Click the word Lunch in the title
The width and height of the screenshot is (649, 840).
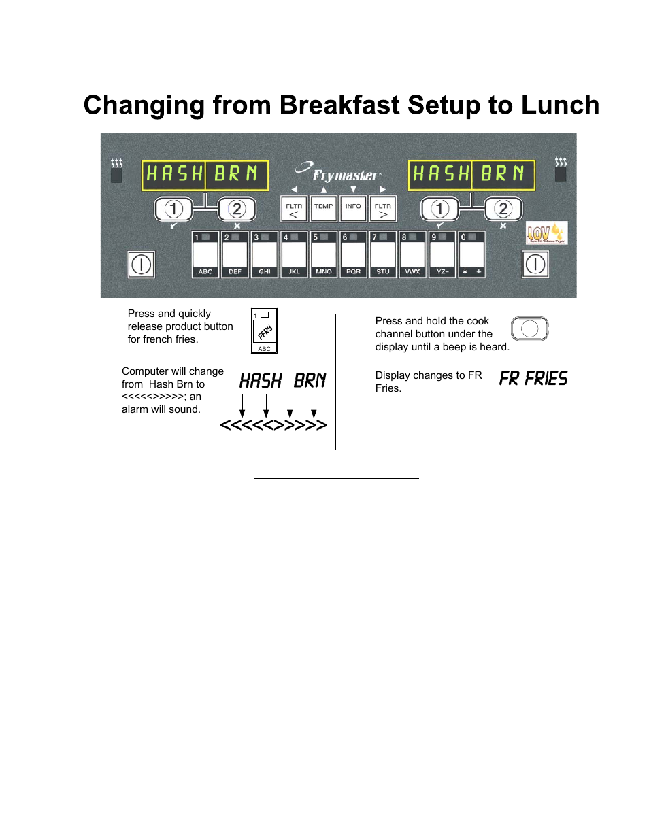click(560, 105)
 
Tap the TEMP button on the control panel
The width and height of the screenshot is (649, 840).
click(323, 209)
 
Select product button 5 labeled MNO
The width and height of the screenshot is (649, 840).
click(323, 254)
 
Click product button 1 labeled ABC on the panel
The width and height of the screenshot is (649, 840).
click(205, 254)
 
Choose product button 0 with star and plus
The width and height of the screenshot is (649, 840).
click(471, 254)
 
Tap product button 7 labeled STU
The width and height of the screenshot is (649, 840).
click(382, 254)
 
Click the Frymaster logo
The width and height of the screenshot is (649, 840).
click(339, 173)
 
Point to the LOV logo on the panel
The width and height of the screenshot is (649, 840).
click(546, 233)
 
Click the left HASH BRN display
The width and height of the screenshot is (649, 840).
click(204, 175)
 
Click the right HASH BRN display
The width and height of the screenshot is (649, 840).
click(471, 175)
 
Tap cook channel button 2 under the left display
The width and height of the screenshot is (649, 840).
click(237, 209)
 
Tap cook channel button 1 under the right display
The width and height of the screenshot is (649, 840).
click(440, 209)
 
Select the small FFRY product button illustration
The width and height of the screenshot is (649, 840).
click(264, 331)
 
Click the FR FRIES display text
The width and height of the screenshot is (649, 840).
click(533, 379)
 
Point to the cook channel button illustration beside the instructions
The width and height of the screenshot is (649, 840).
click(529, 329)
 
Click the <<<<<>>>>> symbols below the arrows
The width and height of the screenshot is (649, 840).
click(273, 426)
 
